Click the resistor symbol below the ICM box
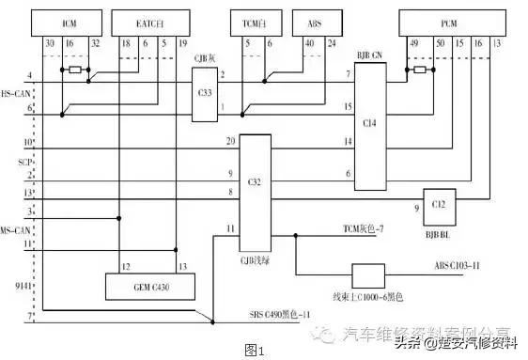tap(74, 70)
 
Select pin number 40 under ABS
tap(311, 44)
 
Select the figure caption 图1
tap(256, 349)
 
